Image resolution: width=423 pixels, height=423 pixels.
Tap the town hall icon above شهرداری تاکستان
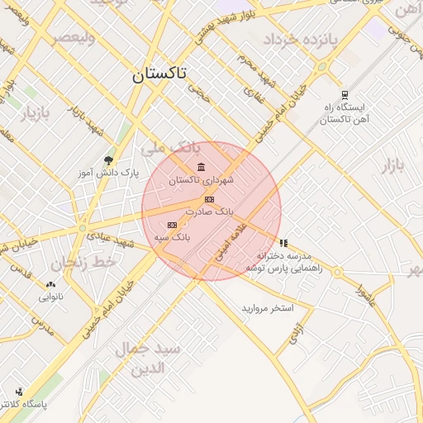coord(202,169)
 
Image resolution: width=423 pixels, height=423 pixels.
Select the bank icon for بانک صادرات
coord(209,199)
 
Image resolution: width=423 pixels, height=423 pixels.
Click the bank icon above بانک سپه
coord(172,225)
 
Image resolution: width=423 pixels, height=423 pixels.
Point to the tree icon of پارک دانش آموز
coord(108,160)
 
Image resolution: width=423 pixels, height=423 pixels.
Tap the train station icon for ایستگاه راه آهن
coord(344,94)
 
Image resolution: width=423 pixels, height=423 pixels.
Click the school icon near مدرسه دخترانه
coord(284,243)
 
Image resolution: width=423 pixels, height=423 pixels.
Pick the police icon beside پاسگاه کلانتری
coord(19,392)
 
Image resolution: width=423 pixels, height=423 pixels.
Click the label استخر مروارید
coord(267,308)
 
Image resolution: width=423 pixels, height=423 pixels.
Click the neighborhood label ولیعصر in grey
coord(74,38)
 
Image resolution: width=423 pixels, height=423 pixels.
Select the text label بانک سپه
coord(172,237)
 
